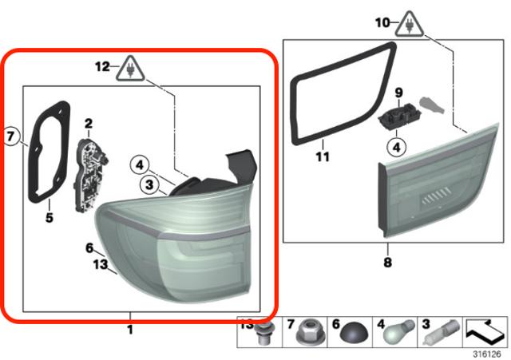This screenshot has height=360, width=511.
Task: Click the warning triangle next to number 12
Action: [130, 69]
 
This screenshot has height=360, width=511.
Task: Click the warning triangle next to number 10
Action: [410, 25]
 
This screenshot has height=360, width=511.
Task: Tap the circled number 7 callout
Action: [11, 136]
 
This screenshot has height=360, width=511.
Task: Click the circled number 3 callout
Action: [149, 184]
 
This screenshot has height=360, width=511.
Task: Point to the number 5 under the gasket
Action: [50, 218]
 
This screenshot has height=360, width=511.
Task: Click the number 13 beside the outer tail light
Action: [100, 264]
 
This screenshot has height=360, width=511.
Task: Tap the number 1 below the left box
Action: [130, 330]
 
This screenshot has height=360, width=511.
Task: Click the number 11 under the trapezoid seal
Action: [323, 157]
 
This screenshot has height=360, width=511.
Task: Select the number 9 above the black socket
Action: [399, 93]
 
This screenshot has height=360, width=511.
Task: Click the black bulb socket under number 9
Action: [400, 117]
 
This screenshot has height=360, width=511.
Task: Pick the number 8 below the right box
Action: [387, 263]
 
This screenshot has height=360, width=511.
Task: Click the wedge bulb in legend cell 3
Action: [442, 332]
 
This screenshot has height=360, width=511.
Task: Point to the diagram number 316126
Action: [486, 354]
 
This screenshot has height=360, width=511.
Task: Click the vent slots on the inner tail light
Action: [436, 196]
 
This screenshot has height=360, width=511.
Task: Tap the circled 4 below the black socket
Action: [396, 147]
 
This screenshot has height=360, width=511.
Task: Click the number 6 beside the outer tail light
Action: [89, 248]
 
